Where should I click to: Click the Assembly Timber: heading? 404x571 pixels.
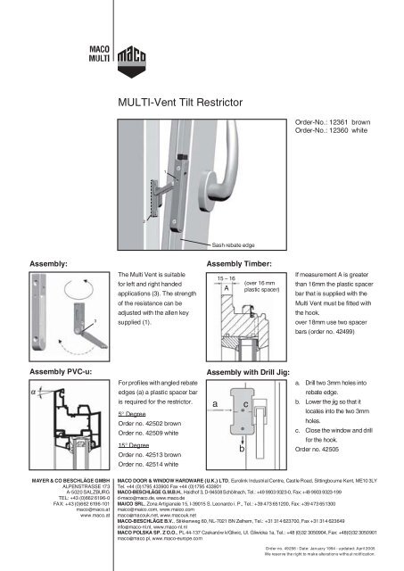243,265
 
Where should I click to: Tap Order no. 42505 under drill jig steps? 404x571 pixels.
326,449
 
